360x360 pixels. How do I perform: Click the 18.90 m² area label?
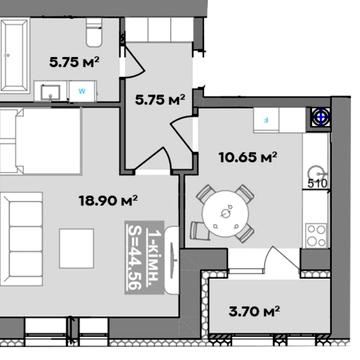click(x=108, y=200)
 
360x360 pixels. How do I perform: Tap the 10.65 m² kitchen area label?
click(x=248, y=157)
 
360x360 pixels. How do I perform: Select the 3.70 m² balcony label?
click(x=254, y=312)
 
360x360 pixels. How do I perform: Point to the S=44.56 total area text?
click(x=134, y=258)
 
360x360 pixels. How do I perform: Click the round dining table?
click(x=226, y=214)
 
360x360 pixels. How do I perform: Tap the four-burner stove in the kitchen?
click(x=316, y=235)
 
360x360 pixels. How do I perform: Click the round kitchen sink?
click(x=316, y=174)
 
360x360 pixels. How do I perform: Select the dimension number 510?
click(x=318, y=184)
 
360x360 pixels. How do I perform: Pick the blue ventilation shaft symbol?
click(x=320, y=117)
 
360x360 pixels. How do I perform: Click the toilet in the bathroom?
click(x=94, y=32)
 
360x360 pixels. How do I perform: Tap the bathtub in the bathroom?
click(x=14, y=55)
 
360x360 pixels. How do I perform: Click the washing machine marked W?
click(x=82, y=91)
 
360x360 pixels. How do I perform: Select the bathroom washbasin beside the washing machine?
click(x=51, y=92)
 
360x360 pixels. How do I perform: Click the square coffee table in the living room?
click(x=76, y=248)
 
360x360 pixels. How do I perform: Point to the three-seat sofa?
click(x=21, y=239)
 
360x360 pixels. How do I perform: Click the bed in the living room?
click(x=40, y=141)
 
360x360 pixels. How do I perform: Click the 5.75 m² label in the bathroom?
click(x=74, y=62)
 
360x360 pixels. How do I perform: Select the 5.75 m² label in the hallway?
click(x=160, y=100)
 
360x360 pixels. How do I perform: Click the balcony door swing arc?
click(x=285, y=257)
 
